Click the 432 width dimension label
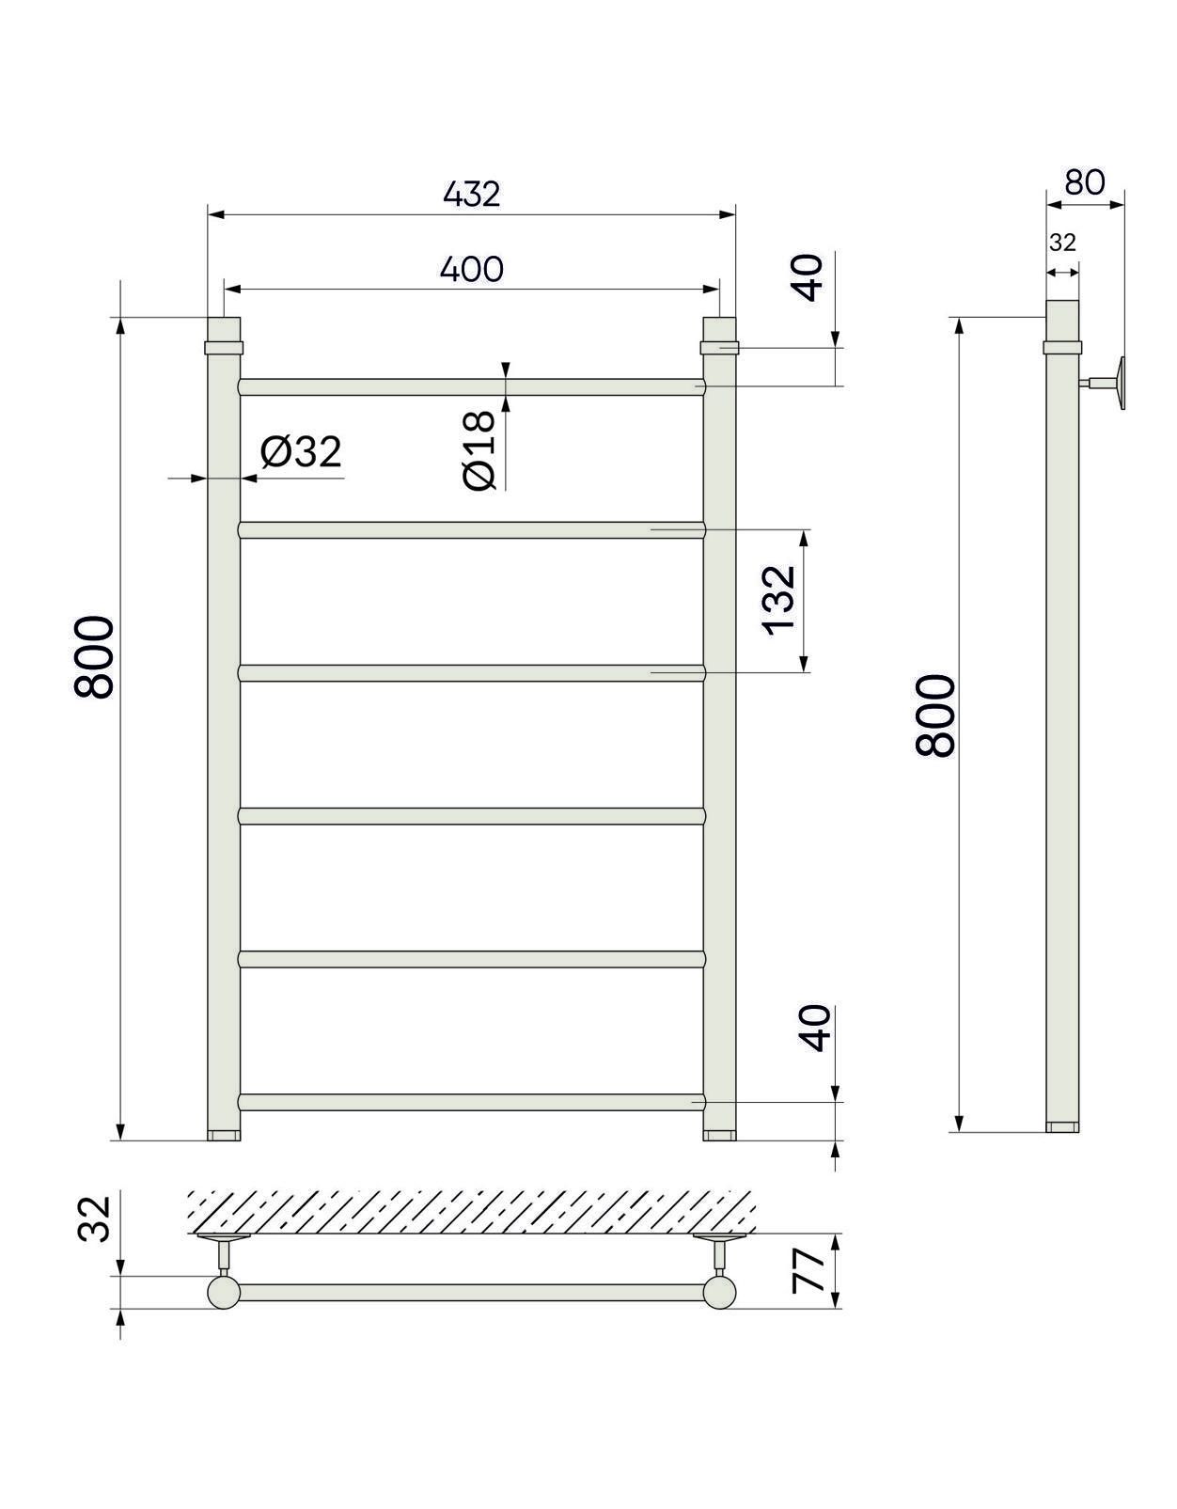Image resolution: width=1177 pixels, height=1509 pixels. pos(472,195)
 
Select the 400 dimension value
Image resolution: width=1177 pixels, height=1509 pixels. pos(472,270)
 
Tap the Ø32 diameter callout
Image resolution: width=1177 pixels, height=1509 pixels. pos(301,452)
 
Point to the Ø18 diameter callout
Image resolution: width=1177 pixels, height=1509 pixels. pos(479,450)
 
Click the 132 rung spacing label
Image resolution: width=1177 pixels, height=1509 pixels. pos(778,600)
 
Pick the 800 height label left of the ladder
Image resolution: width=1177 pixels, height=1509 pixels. pos(94,656)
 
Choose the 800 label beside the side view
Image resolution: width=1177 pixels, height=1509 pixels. pos(935,715)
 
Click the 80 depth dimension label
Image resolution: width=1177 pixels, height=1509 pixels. pos(1085,182)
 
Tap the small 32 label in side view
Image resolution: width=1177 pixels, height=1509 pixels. pos(1062,243)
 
